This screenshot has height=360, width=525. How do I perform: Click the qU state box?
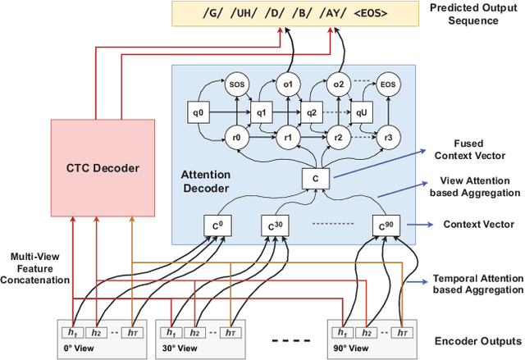[361, 112]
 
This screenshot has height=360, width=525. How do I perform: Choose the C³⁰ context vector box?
[273, 226]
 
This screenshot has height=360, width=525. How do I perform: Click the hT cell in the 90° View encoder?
[403, 332]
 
